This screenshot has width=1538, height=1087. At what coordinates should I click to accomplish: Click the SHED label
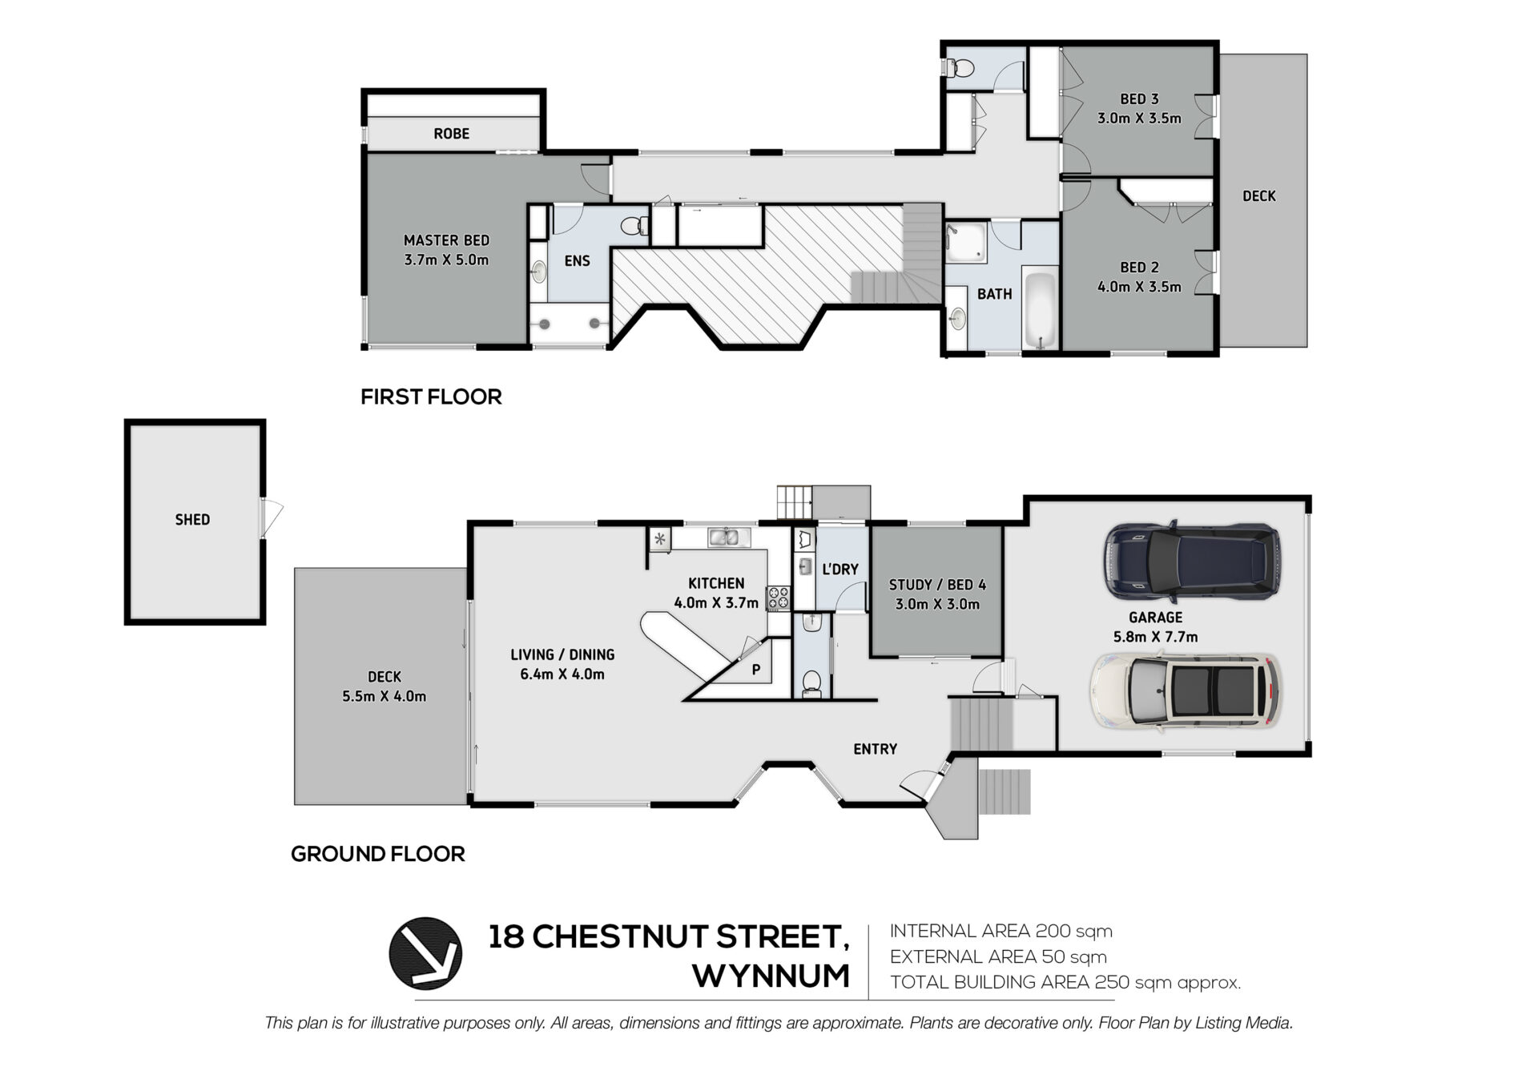coord(192,520)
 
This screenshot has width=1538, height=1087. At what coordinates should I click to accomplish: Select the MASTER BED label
coord(446,240)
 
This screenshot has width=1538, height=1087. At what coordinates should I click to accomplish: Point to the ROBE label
coord(451,134)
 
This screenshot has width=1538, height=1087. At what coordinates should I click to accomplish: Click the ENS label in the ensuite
coord(577,261)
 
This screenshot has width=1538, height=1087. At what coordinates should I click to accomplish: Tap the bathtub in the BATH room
coord(1041,310)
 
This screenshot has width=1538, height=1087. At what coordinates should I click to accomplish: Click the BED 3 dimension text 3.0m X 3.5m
coord(1139,119)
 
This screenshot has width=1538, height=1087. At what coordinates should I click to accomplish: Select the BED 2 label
coord(1139,268)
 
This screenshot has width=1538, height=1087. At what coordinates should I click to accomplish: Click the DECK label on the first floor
coord(1258,196)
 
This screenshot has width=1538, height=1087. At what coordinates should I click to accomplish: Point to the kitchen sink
coord(728,537)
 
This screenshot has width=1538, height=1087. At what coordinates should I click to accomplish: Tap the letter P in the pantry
coord(756,670)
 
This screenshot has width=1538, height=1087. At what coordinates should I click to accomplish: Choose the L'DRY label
coord(840,570)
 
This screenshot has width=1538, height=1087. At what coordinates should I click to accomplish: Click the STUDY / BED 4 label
coord(937,585)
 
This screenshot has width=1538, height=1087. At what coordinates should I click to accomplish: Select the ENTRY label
coord(875,749)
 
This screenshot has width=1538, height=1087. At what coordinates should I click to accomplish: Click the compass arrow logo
coord(425,953)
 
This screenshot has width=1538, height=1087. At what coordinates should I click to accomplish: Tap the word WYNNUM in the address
coord(771,976)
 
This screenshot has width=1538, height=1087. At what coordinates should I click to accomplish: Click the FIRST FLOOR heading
coord(431,397)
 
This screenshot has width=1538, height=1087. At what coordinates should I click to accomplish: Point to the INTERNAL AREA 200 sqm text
coord(1001,931)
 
